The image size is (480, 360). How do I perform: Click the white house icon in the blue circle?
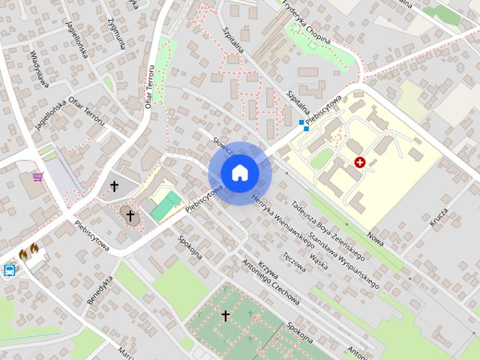tap(239, 173)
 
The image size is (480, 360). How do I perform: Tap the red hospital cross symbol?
tap(360, 162)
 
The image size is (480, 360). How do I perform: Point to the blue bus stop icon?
tap(10, 271)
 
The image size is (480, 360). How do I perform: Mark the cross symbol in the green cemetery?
tap(224, 316)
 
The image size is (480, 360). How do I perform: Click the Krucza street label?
tap(439, 217)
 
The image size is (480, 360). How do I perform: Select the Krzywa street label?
tap(268, 274)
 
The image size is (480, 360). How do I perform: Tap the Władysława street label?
tap(40, 68)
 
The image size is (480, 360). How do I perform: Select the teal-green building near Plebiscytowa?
tap(166, 206)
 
